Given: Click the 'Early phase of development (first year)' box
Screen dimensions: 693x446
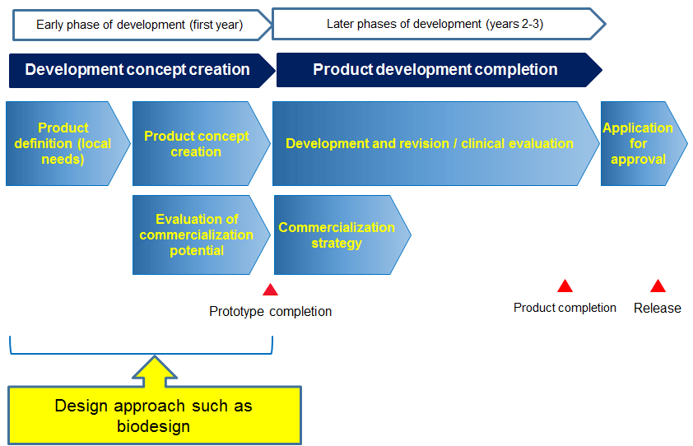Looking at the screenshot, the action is point(142,26).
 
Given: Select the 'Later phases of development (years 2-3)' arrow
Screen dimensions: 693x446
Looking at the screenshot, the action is point(439,24).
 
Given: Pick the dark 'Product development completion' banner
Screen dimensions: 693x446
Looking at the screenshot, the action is point(440,70).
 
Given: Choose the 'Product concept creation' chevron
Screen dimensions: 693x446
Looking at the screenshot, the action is point(201,144).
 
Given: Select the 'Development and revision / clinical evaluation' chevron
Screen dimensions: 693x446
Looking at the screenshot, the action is point(435,144).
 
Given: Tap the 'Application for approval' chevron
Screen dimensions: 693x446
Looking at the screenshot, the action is point(644,144).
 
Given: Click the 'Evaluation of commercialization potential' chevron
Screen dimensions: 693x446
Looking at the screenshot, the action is point(201,235).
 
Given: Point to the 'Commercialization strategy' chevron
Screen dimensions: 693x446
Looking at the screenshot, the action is point(342,235).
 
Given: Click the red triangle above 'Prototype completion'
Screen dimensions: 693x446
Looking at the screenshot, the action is point(270,290).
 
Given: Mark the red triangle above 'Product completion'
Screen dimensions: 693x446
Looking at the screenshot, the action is point(565,286).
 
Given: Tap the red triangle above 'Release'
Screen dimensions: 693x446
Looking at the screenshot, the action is point(658,286).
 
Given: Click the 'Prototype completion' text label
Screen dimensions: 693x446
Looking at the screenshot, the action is point(271,311).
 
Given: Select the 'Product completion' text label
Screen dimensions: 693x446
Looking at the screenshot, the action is point(565,308).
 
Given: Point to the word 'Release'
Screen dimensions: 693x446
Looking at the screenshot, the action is point(658,308).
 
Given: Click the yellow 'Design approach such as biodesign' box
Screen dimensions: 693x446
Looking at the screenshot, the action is point(155,416).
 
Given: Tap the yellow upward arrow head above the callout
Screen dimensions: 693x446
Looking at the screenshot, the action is point(155,368).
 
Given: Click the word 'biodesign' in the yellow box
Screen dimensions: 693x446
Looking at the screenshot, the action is point(153,426).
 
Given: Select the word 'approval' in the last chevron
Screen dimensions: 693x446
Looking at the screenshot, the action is point(638,159).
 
